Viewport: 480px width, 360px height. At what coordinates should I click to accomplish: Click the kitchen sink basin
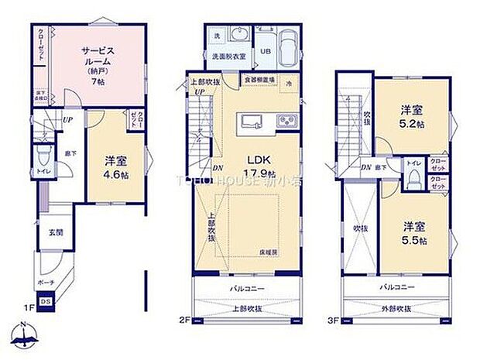coord(254,122)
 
